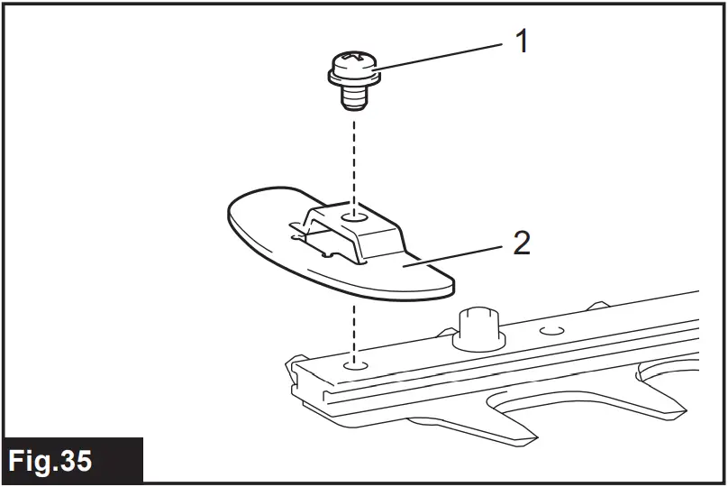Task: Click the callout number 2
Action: pyautogui.click(x=522, y=243)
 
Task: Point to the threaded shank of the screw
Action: pyautogui.click(x=355, y=96)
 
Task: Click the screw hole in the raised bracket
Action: pyautogui.click(x=356, y=217)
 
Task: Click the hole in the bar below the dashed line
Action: pyautogui.click(x=356, y=366)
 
